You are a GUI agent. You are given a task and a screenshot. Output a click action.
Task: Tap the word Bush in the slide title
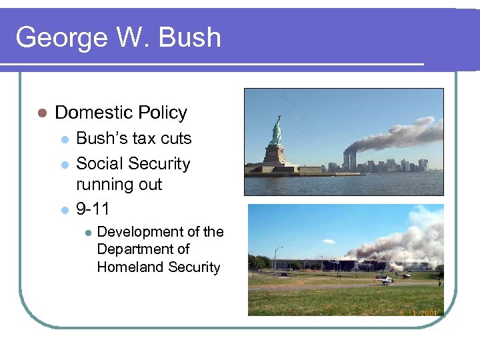point(190,37)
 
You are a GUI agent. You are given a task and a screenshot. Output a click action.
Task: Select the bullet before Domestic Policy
point(41,113)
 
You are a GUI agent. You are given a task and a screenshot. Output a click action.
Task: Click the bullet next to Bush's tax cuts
point(64,139)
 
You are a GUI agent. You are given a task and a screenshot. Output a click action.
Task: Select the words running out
point(119,185)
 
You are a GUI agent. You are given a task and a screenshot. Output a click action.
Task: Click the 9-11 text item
point(93,209)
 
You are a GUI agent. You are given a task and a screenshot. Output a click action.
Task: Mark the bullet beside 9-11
point(64,210)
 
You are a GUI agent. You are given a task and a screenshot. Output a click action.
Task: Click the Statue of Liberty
point(275,131)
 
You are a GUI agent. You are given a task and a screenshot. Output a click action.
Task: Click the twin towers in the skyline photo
point(349,159)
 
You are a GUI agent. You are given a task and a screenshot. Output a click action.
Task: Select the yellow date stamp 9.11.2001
point(418,311)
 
